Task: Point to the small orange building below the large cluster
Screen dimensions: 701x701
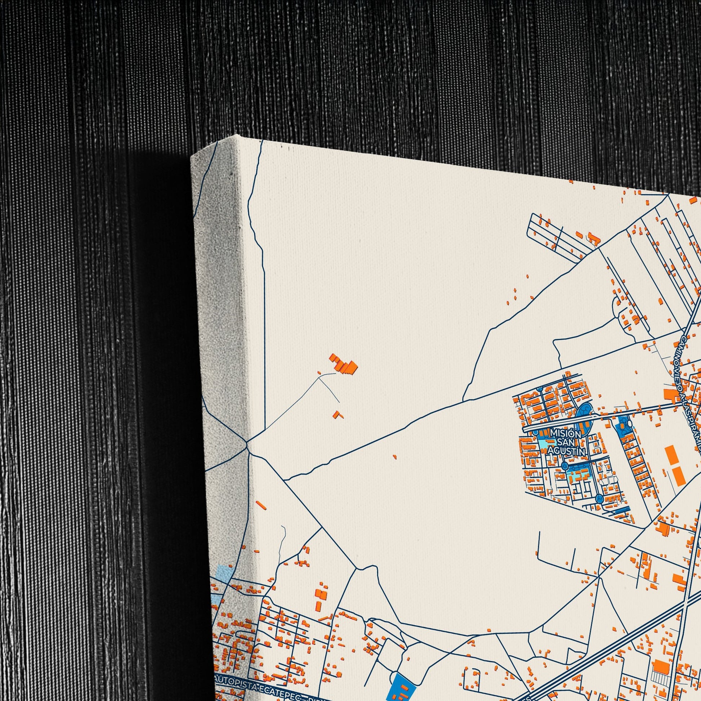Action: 339,414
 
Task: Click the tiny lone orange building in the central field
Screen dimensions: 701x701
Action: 394,457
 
